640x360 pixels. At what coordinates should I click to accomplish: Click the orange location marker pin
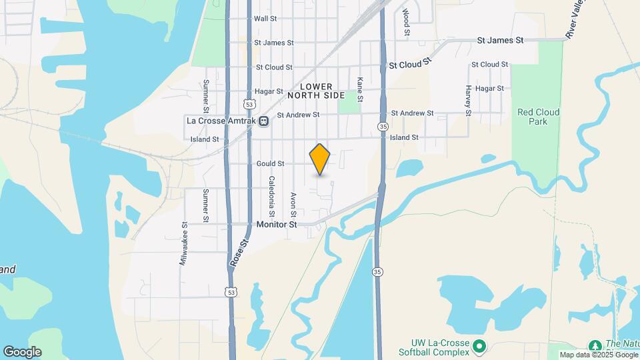coord(320,159)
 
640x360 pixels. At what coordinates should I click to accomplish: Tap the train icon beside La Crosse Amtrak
coord(264,121)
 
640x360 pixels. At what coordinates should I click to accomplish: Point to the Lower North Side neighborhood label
coord(315,91)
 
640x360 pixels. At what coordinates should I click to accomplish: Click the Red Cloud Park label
coord(538,117)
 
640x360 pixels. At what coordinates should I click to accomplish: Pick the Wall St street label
coord(265,19)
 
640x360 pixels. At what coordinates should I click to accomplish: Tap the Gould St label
coord(270,163)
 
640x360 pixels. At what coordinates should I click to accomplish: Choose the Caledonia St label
coord(272,196)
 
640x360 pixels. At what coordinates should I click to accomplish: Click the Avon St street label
coord(293,204)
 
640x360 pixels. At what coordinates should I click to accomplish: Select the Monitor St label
coord(277,225)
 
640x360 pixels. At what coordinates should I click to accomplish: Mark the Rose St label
coord(239,254)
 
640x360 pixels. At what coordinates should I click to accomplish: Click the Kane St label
coord(360,89)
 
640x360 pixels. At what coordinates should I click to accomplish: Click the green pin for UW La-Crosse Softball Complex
coord(479,346)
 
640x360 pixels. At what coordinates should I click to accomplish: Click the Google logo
coord(22,352)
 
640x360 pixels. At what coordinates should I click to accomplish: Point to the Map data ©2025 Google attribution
coord(597,355)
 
